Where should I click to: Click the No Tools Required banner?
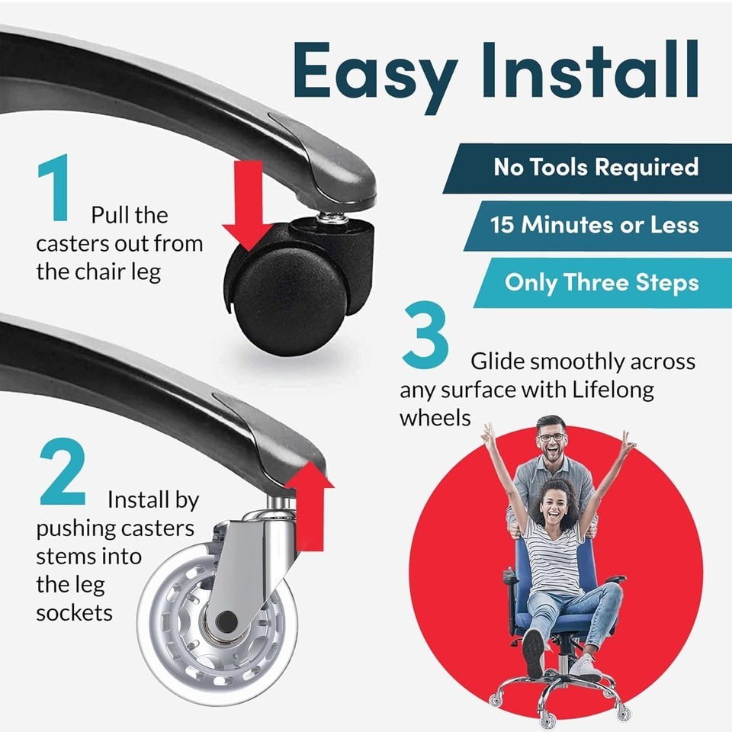pos(587,168)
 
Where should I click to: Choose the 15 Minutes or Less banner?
pos(598,226)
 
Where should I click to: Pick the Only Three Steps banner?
pos(603,283)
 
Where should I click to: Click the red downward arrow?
pos(248,205)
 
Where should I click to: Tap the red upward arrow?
pos(310,505)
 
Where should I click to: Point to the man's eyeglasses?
pos(551,438)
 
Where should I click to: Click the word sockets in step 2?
pos(74,613)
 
